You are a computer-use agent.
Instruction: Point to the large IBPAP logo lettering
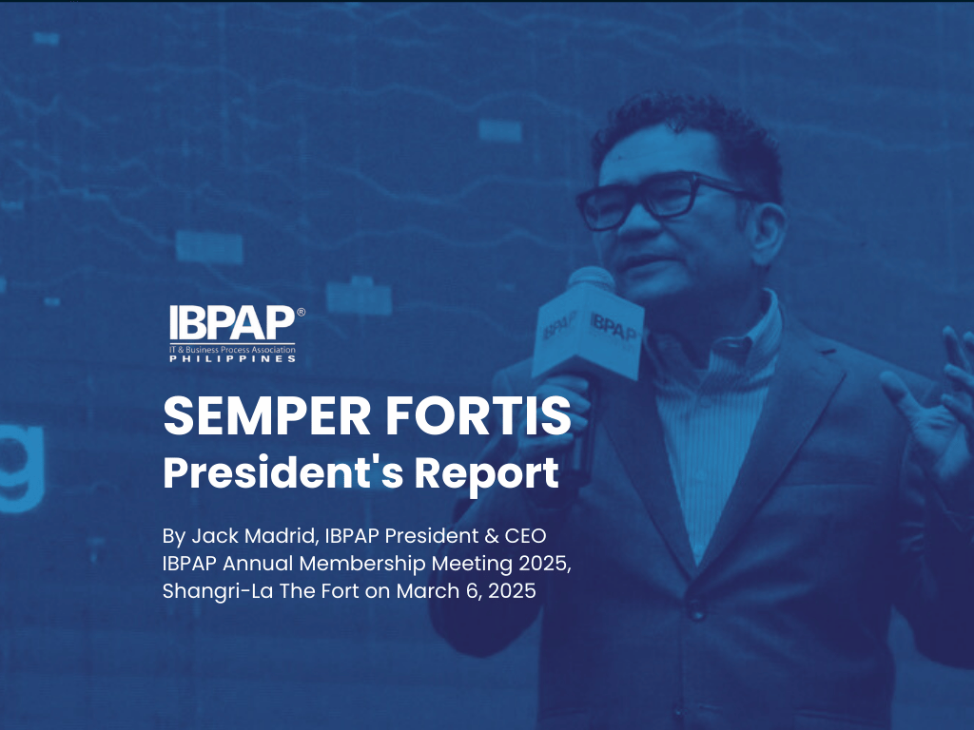pyautogui.click(x=231, y=324)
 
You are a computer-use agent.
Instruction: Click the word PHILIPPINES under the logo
pyautogui.click(x=231, y=359)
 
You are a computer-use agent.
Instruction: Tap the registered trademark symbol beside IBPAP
pyautogui.click(x=302, y=312)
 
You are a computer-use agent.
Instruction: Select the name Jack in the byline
pyautogui.click(x=211, y=537)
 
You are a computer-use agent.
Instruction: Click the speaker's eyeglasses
pyautogui.click(x=656, y=198)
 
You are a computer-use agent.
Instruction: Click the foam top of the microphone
pyautogui.click(x=590, y=279)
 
